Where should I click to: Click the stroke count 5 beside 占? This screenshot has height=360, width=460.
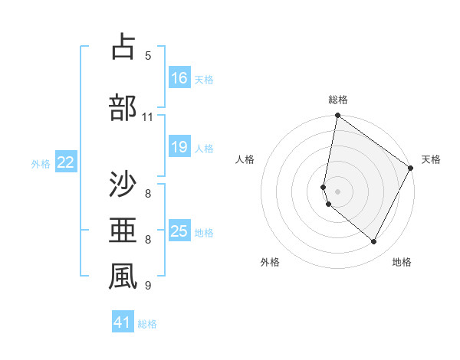coord(148,56)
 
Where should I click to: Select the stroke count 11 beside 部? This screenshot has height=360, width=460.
coord(148,117)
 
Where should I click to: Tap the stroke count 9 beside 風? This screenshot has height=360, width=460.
coord(148,286)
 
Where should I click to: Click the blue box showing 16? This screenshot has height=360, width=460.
coord(179,77)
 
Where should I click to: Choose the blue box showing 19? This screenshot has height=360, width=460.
coord(179,147)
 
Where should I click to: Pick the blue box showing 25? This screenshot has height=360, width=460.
coord(179,231)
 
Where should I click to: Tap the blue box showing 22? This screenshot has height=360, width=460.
coord(66,162)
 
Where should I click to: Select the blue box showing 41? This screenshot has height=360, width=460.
coord(123,322)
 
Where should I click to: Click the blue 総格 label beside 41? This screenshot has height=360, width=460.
coord(147,324)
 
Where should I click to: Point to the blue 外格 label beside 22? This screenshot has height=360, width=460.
coord(41,163)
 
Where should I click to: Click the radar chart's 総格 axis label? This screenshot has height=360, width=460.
coord(338,100)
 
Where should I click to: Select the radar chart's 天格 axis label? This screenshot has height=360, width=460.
coord(431,159)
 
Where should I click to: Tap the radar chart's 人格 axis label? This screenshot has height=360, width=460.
coord(245,159)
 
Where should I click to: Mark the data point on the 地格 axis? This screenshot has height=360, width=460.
coord(374,242)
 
